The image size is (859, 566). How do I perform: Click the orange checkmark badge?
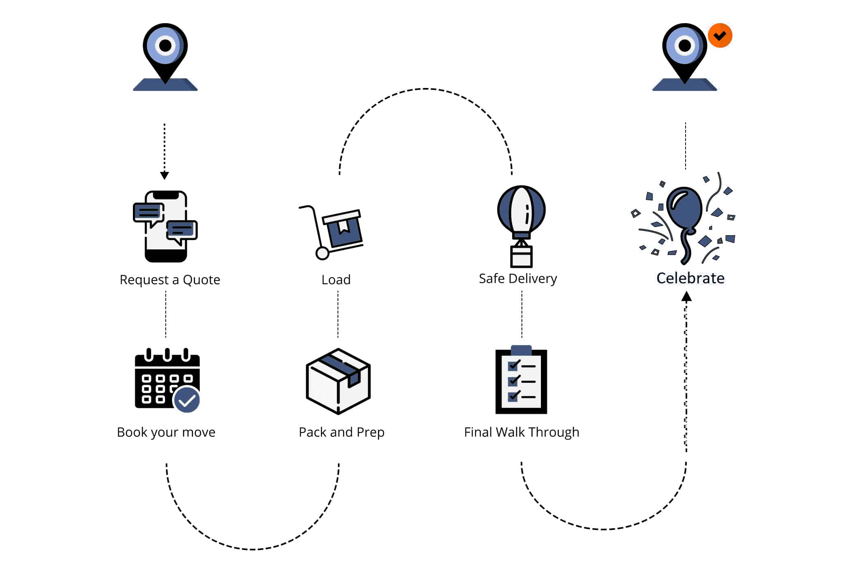[720, 36]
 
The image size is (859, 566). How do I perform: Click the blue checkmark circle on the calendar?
[187, 400]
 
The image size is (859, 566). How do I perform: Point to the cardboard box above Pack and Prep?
[338, 381]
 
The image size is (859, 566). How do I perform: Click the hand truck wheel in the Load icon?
[322, 253]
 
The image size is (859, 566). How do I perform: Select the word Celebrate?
[690, 278]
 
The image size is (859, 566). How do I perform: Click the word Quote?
[201, 280]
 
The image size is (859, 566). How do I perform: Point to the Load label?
[336, 280]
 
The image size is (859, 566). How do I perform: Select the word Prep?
[370, 433]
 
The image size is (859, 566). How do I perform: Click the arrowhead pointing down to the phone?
[165, 175]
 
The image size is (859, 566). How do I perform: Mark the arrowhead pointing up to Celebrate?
[686, 297]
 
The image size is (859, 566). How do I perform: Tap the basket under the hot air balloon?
[521, 256]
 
